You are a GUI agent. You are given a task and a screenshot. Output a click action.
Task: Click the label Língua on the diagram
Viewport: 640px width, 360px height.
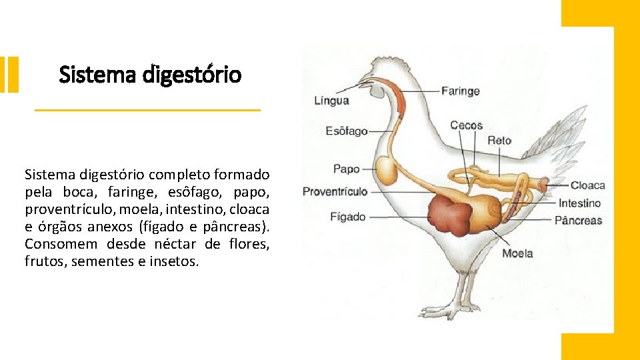point(331,101)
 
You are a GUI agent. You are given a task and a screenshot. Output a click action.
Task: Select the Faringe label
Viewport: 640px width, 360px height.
point(460,91)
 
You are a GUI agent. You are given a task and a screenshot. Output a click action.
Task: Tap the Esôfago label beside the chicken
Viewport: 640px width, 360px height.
point(346,131)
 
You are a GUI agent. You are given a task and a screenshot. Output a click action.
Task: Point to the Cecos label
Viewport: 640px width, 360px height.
point(466,125)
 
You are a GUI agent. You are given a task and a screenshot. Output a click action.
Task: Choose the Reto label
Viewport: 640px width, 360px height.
point(499,140)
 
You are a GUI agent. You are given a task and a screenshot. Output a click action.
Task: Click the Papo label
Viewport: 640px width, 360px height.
point(346,169)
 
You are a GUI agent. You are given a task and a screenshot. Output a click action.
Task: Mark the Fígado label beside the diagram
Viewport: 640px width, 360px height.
point(347,217)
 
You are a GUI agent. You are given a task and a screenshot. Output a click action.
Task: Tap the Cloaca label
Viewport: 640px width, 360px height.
point(587,186)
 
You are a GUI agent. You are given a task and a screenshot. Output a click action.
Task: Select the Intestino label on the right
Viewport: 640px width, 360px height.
point(579,203)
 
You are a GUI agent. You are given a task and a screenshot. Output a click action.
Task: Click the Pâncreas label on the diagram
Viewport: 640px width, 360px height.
point(578,221)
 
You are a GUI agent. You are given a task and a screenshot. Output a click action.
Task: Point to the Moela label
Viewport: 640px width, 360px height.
point(517,253)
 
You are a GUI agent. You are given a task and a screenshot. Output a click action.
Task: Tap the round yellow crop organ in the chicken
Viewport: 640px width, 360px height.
point(387,170)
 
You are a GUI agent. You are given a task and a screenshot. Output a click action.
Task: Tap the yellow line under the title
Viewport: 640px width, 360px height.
point(147,110)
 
